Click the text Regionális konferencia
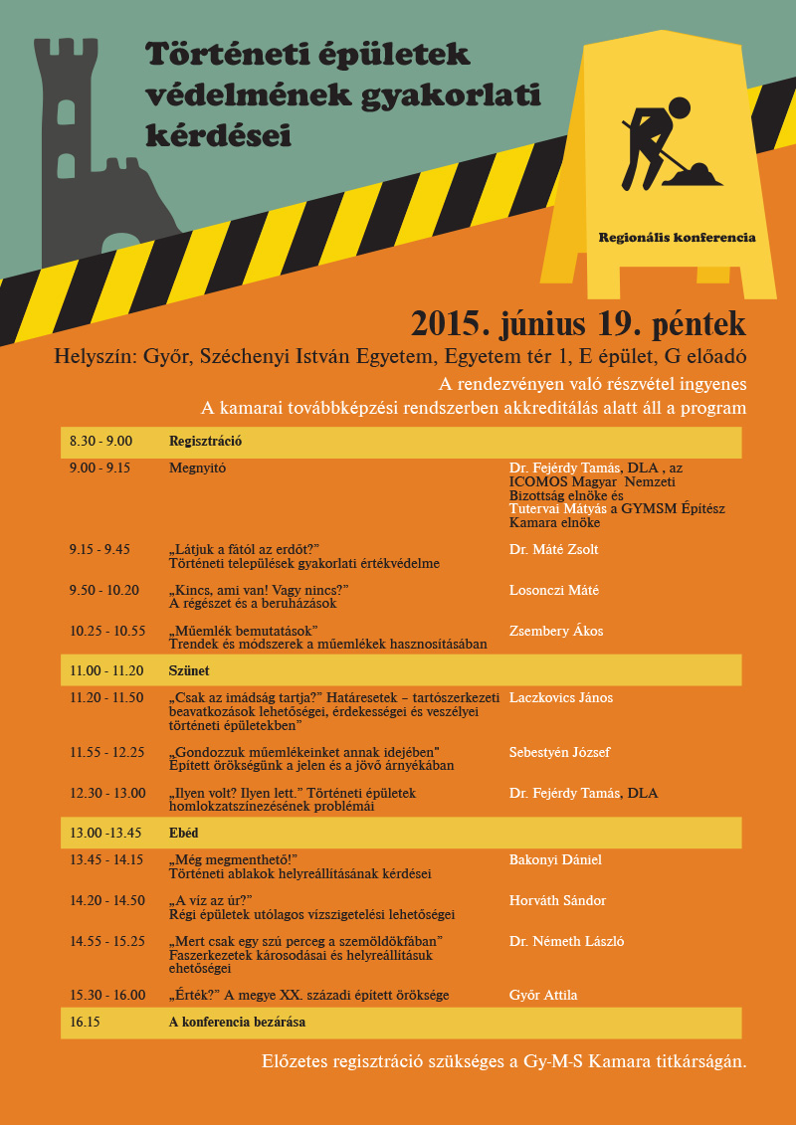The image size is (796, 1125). coord(677,238)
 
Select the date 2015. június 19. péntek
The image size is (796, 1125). coord(578,323)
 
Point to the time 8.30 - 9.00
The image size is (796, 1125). coord(100,441)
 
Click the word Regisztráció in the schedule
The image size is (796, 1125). coord(206,441)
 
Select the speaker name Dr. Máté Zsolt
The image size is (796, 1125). coord(553,549)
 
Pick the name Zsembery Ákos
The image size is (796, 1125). coord(556,631)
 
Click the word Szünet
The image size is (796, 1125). coord(189,670)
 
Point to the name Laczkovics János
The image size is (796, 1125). coord(561,697)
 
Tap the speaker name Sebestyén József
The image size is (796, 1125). coord(559,752)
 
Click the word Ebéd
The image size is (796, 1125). coord(184,833)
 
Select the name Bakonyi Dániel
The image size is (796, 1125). coord(555,859)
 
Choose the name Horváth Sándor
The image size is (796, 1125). coord(557,900)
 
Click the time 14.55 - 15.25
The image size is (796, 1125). coord(107,941)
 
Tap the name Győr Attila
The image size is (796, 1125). coord(543,995)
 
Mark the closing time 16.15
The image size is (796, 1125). coord(85,1022)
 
